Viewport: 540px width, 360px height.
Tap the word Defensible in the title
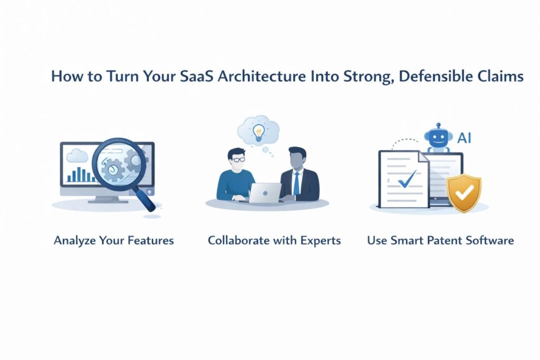439,76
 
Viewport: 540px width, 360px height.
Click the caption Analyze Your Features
113,241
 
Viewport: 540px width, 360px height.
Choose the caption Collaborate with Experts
274,241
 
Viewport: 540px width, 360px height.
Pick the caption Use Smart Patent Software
440,241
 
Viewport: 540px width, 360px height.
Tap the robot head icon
437,138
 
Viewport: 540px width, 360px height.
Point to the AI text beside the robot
464,138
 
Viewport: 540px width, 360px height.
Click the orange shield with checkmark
464,193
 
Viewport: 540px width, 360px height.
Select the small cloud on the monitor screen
77,154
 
